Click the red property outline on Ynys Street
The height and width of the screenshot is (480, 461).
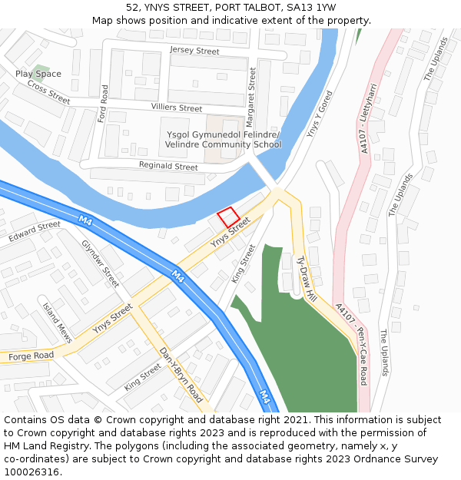(228, 217)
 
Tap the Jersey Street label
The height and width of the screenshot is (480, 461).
(194, 51)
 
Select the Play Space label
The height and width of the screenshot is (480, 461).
(38, 74)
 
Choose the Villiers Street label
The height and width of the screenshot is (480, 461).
(177, 108)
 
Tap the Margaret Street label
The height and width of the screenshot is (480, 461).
(250, 97)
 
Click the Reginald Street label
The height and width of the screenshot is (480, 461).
(168, 166)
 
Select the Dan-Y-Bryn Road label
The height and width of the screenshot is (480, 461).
(181, 376)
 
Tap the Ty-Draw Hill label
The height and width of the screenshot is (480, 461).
(307, 278)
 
